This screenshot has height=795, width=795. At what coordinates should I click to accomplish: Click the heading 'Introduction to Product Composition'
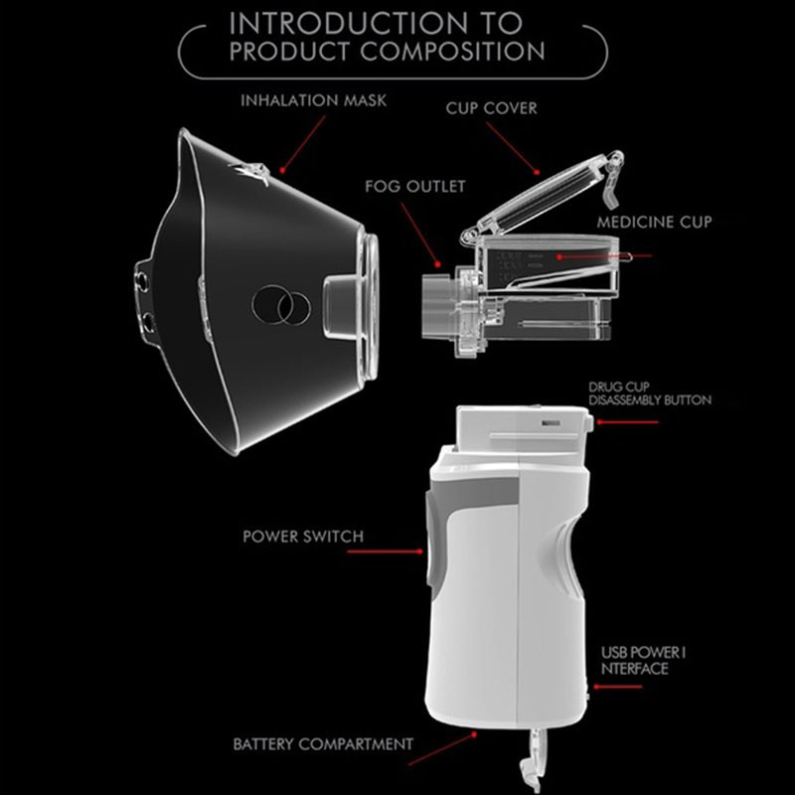coord(387,37)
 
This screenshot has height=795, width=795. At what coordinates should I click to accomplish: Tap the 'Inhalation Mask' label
coord(313,100)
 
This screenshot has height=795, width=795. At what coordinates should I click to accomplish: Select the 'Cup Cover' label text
coord(491,108)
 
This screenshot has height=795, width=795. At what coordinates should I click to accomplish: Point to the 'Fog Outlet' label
coord(414,186)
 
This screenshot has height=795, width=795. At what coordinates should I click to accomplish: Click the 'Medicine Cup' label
coord(654,222)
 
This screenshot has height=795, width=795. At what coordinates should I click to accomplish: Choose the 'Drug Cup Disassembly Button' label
coord(650,394)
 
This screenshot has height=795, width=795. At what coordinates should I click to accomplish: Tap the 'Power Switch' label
coord(303,537)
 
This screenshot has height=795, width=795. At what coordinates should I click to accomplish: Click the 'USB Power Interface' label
coord(643,661)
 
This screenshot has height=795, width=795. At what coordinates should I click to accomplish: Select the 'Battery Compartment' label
coord(323,743)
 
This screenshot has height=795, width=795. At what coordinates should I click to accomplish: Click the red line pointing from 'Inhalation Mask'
coord(303,144)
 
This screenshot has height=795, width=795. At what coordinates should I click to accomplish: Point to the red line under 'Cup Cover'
coord(513,148)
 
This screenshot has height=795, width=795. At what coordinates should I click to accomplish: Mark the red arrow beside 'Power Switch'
coord(386,552)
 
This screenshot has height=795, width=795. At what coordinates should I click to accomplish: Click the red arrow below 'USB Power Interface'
coord(617,687)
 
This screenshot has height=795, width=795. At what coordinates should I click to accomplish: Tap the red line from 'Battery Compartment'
coord(442,748)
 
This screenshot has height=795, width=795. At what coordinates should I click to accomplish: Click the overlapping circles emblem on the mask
coord(281,305)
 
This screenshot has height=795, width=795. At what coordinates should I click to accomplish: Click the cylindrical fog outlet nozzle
coord(436,306)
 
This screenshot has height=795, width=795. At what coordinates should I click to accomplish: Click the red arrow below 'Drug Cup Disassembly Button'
coord(627,421)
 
